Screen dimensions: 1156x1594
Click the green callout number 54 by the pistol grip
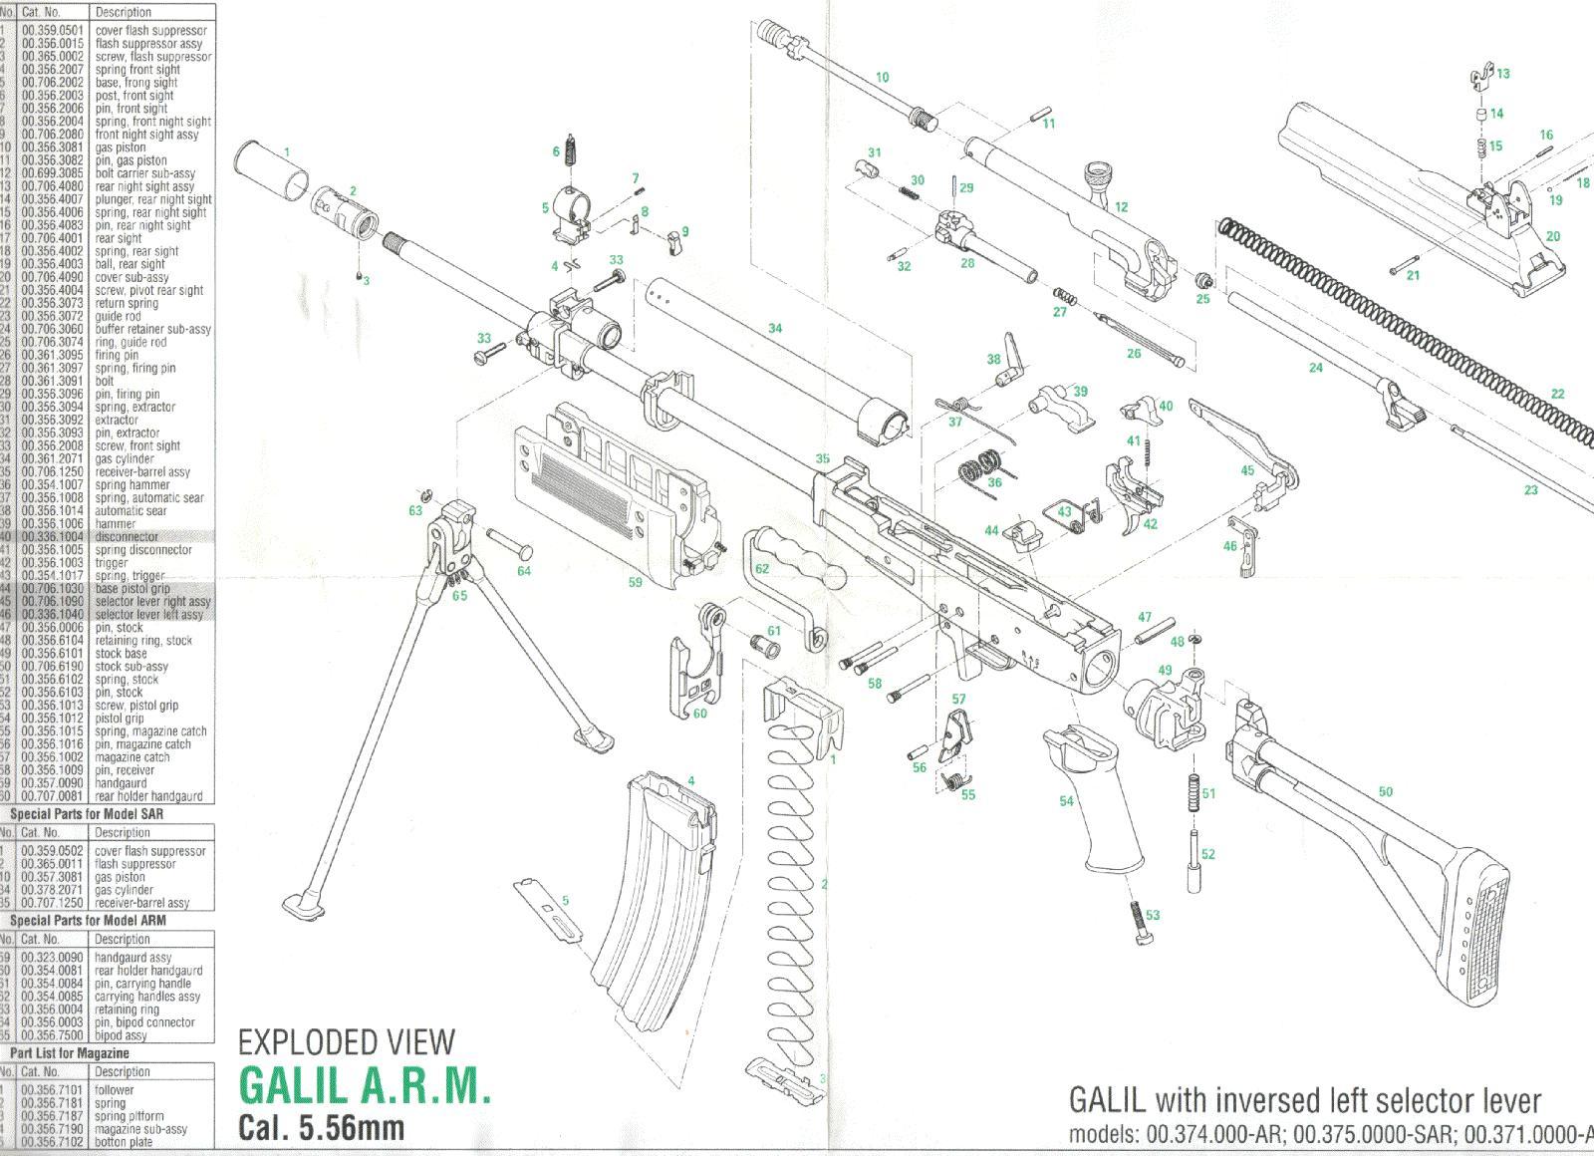(x=1067, y=801)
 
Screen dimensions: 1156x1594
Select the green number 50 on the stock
(x=1385, y=792)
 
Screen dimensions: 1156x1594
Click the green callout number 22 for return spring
(x=1557, y=394)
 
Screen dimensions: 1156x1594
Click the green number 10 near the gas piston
(x=882, y=77)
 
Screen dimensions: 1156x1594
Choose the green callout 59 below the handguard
(x=635, y=582)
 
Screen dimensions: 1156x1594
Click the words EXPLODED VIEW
(x=346, y=1042)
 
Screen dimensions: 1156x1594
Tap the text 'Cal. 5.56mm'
(x=321, y=1127)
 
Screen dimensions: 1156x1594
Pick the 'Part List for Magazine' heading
(x=70, y=1053)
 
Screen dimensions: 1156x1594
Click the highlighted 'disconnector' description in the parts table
(x=127, y=537)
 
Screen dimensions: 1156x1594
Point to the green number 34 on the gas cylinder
(x=775, y=328)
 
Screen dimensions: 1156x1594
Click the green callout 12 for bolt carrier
(x=1121, y=207)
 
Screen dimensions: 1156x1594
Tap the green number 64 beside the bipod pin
(x=524, y=571)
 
